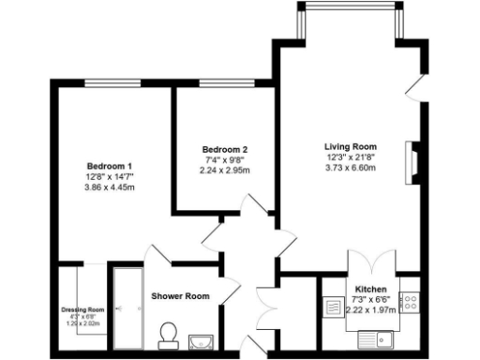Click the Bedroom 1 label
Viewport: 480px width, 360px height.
[109, 166]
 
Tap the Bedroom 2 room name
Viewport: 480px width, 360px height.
[225, 150]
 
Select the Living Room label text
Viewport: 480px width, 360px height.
[350, 147]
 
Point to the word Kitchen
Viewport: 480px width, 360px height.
[371, 289]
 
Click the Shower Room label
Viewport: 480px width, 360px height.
[180, 296]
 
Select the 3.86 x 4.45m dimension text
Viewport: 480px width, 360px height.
[109, 187]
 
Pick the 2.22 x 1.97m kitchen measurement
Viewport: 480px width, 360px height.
[371, 309]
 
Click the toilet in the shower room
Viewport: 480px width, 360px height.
[169, 335]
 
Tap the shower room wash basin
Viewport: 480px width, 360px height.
[201, 341]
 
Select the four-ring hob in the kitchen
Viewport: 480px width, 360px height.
[409, 302]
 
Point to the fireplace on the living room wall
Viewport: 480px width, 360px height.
[409, 160]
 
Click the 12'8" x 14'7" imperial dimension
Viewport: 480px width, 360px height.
[109, 176]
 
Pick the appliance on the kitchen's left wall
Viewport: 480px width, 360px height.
[333, 306]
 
